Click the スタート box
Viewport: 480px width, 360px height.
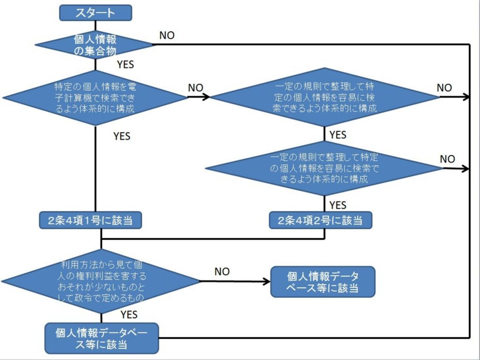[x=95, y=13]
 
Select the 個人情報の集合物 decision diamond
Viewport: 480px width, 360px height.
[x=95, y=45]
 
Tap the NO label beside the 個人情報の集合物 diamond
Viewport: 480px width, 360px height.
[x=167, y=35]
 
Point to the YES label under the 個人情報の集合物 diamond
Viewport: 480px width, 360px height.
[x=125, y=65]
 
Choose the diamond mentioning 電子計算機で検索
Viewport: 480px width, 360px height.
[x=95, y=98]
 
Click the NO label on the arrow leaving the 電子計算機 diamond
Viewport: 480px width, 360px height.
[x=195, y=88]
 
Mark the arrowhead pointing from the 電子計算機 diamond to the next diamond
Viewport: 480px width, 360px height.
[x=206, y=97]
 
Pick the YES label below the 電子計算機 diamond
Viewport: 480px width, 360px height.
[x=122, y=136]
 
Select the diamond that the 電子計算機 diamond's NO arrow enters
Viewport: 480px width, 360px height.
[x=324, y=97]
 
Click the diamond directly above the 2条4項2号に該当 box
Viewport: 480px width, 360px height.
[x=324, y=168]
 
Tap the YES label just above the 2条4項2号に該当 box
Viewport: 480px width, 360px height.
[x=337, y=205]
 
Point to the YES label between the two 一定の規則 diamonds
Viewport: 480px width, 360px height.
[x=337, y=135]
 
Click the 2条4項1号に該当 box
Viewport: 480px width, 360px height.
[x=90, y=220]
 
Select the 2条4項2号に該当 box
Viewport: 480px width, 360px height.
[x=320, y=220]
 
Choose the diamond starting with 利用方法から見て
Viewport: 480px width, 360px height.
[x=101, y=281]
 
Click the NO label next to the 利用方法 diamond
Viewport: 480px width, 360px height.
[x=222, y=272]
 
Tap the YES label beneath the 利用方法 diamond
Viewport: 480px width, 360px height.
[x=129, y=315]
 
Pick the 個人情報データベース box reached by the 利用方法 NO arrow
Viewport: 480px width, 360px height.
[x=323, y=282]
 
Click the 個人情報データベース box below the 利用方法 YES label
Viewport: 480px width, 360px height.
[x=102, y=339]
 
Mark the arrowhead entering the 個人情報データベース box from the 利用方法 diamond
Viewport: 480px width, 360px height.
[x=267, y=282]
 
